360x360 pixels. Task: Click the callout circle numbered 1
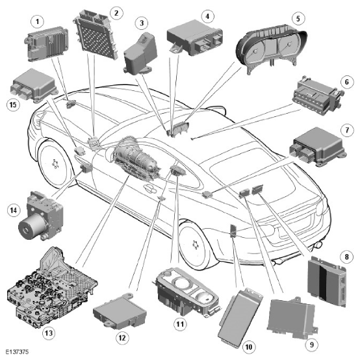pos(38,21)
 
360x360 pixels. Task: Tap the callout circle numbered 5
pos(298,18)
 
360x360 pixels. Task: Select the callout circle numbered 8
pos(347,257)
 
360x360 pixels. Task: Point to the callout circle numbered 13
pos(49,333)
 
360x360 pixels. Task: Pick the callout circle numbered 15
pos(13,105)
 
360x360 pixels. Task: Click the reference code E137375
pos(17,352)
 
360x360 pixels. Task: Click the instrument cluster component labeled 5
pos(272,51)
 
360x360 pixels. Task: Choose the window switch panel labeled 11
pos(186,292)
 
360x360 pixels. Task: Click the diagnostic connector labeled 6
pos(318,96)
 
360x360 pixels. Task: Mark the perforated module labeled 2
pos(96,34)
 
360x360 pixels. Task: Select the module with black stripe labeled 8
pos(327,282)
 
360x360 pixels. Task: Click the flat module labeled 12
pos(120,311)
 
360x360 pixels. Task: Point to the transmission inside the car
pos(137,159)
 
